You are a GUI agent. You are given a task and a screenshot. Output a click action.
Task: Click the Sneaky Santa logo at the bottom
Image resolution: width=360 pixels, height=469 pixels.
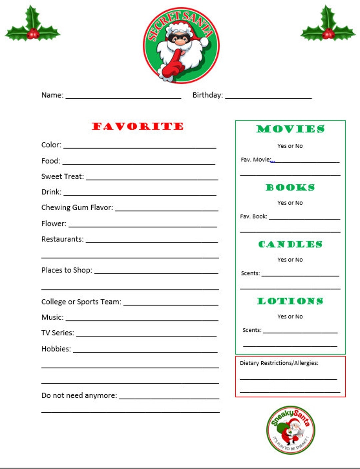point(291,430)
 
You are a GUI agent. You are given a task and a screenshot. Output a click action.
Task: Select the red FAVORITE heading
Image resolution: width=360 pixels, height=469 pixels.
point(138,126)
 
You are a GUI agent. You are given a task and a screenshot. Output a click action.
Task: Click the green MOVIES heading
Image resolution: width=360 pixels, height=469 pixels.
point(290,129)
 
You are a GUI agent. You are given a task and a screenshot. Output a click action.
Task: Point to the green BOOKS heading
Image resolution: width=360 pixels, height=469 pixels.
point(290,187)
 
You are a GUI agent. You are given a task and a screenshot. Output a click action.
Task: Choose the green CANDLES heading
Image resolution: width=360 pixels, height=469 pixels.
point(290,244)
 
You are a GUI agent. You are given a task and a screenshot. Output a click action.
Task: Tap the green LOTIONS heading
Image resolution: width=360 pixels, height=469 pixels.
point(290,301)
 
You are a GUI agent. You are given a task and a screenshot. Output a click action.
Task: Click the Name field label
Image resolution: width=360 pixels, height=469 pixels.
point(52,95)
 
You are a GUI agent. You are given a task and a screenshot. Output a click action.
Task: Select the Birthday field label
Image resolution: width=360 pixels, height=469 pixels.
point(208,95)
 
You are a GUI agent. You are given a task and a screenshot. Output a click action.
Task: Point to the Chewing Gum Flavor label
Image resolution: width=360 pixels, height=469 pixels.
point(77,208)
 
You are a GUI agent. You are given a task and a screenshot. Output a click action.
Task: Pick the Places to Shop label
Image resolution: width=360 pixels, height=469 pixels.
point(67,270)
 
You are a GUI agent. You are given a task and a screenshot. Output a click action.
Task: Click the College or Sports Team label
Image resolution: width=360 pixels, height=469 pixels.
point(81,302)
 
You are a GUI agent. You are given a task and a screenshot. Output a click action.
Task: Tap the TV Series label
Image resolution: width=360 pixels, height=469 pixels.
point(58,333)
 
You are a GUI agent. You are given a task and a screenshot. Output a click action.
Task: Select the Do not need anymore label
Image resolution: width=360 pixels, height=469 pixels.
point(79,395)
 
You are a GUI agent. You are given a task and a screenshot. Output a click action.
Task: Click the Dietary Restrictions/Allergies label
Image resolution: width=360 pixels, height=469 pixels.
point(279,363)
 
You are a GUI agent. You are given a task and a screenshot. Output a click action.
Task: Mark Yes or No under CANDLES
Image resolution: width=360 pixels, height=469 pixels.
point(290,259)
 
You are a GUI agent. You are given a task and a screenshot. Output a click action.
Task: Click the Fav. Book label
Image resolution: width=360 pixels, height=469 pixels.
point(254,217)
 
